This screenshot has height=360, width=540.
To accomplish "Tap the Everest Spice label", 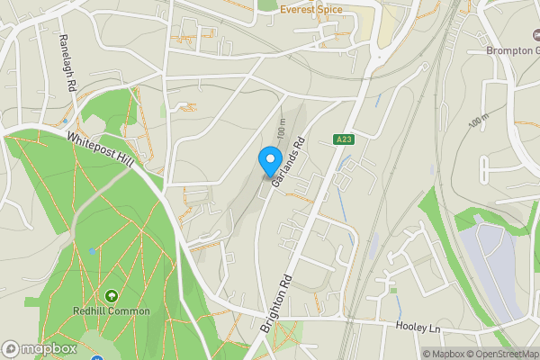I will pyautogui.click(x=317, y=10).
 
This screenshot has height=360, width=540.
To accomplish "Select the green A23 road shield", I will pyautogui.click(x=342, y=139).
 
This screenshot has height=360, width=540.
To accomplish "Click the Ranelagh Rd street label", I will pyautogui.click(x=65, y=63).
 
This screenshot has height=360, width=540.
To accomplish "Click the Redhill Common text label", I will pyautogui.click(x=111, y=311).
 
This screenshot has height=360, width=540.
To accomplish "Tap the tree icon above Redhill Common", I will pyautogui.click(x=112, y=295).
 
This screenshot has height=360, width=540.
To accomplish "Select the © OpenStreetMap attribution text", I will pyautogui.click(x=499, y=354).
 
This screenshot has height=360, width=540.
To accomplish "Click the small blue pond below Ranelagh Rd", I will pyautogui.click(x=65, y=120).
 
